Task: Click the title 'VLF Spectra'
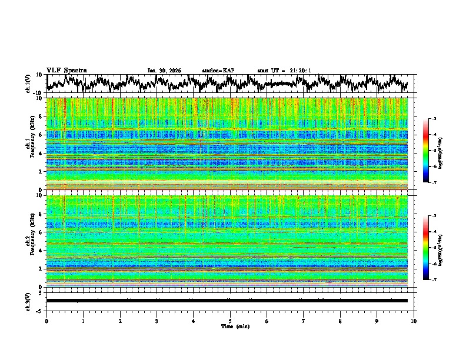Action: [x=66, y=70]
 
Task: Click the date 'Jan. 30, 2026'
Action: [x=164, y=71]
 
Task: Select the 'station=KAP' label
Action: [x=218, y=71]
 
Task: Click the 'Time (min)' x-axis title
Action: [x=230, y=326]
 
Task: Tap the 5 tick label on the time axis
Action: [x=230, y=321]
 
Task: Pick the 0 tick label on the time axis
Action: [x=46, y=321]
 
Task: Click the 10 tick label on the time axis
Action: [x=414, y=321]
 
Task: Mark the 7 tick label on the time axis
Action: [x=304, y=321]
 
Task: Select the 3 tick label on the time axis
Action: [x=157, y=321]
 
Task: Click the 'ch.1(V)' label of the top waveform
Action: [x=28, y=83]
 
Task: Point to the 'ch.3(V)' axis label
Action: [x=28, y=301]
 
